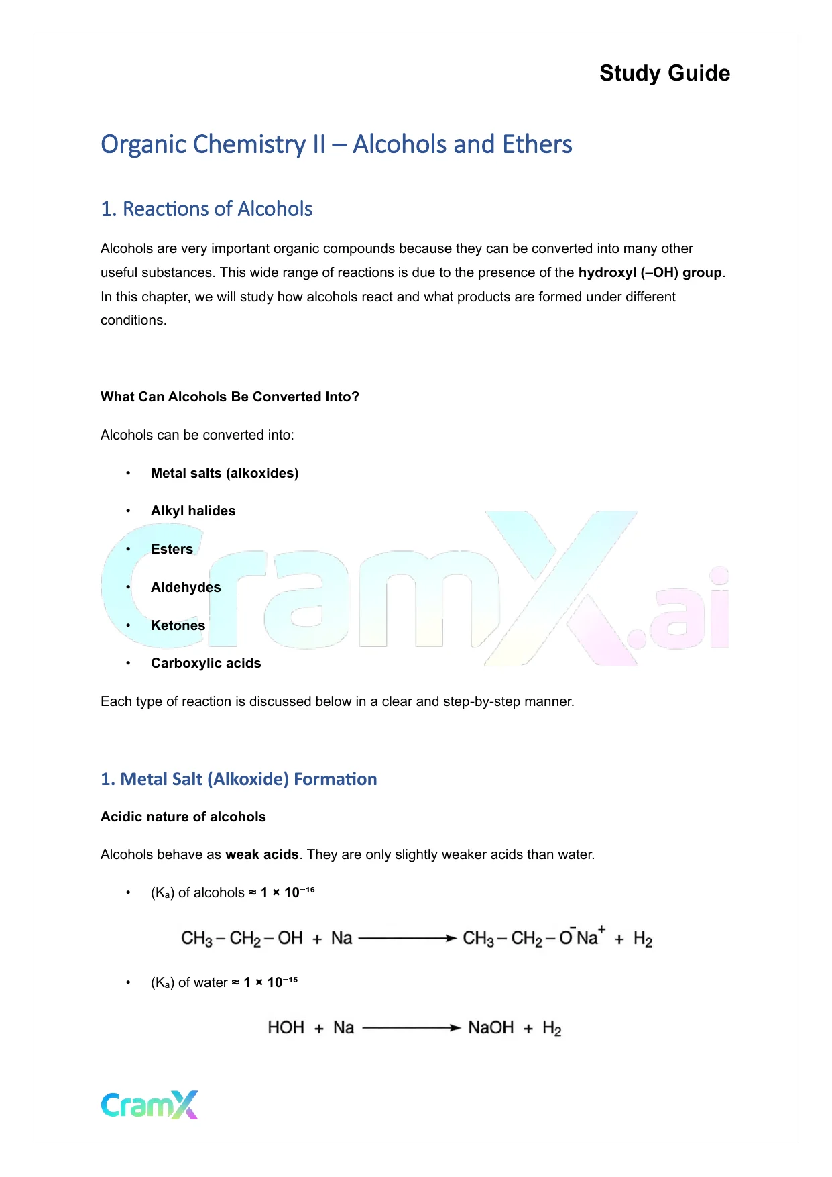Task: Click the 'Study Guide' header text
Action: click(664, 73)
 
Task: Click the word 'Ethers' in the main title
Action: click(537, 144)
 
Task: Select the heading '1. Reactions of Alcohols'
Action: click(206, 209)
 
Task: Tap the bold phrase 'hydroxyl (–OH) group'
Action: click(650, 272)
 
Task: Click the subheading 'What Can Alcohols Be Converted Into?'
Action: click(230, 397)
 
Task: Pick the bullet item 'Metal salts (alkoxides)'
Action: click(225, 473)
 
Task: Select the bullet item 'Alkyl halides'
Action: click(193, 511)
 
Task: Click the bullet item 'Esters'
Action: click(172, 549)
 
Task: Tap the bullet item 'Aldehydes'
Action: click(186, 587)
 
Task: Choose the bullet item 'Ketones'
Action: click(178, 625)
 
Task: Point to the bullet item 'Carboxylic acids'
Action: click(206, 663)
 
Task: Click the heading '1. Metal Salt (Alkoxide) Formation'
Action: click(239, 779)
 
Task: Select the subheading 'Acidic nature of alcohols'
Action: click(183, 817)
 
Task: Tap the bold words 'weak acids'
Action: click(261, 854)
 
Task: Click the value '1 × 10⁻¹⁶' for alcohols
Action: click(288, 892)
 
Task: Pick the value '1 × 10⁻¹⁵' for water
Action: click(270, 982)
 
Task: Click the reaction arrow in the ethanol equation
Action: click(408, 938)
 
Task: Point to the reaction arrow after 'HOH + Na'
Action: click(411, 1027)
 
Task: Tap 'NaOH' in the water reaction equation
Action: click(491, 1027)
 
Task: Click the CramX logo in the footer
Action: click(150, 1105)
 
